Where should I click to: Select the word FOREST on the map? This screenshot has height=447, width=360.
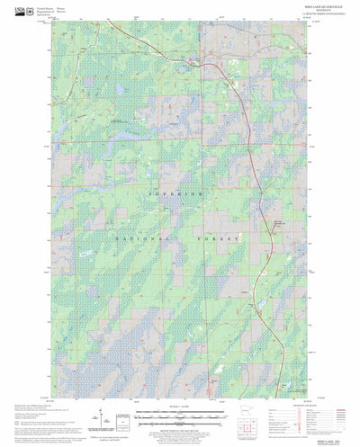pos(220,238)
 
